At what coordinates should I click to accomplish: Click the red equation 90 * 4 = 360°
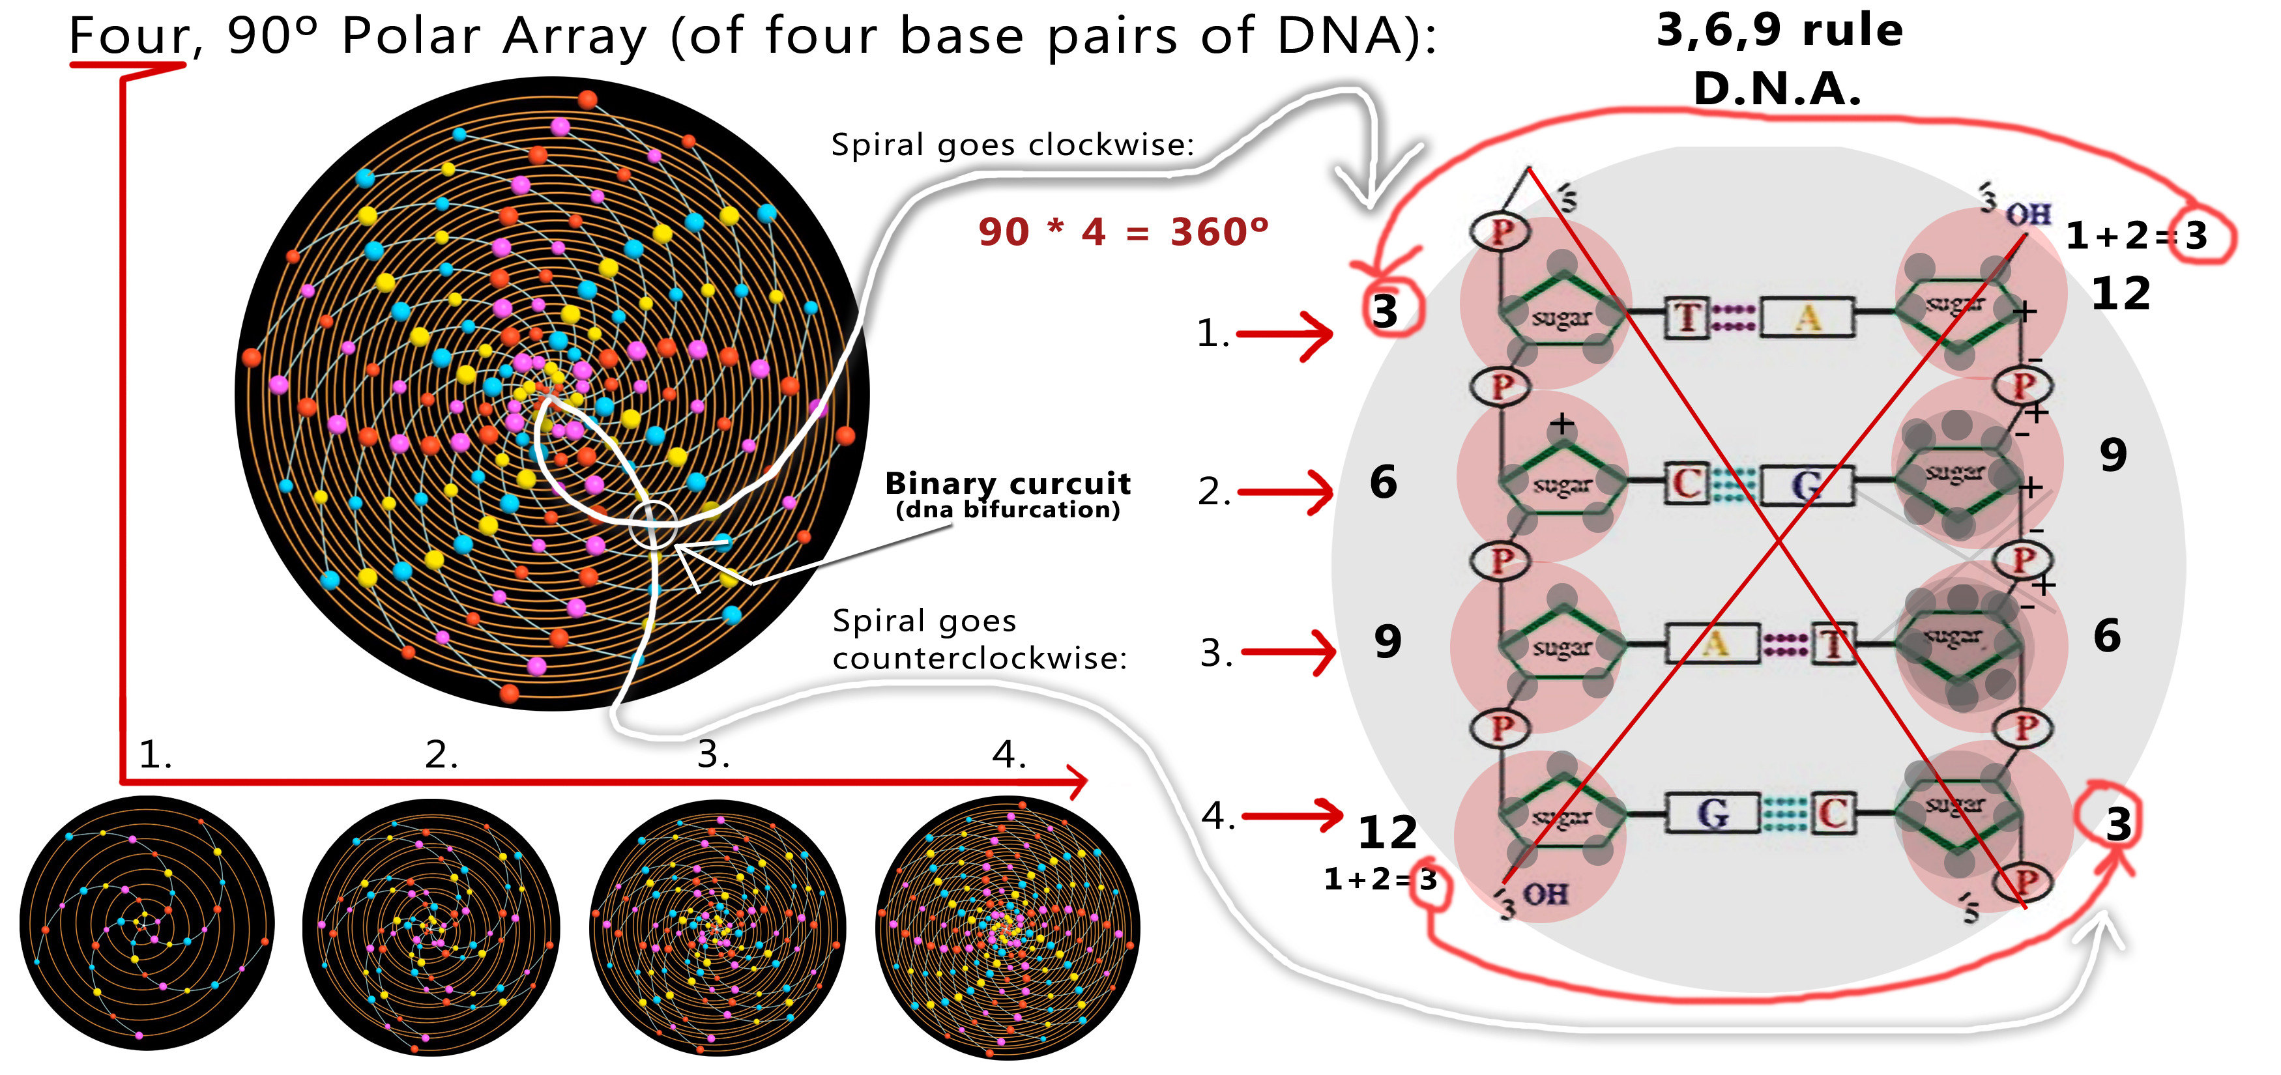[1123, 232]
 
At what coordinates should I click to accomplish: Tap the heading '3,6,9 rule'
[1779, 31]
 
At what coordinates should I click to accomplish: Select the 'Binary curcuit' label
[1008, 483]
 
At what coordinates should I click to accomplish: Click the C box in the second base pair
[1688, 484]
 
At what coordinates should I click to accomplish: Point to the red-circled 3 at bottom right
[2118, 824]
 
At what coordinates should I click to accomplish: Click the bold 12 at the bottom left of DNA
[1387, 833]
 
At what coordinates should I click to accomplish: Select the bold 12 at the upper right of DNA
[2121, 293]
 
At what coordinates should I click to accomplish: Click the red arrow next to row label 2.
[1286, 491]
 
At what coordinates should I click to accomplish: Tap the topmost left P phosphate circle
[1501, 232]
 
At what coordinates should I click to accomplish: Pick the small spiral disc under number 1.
[147, 923]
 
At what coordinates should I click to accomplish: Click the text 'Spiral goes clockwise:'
[1012, 145]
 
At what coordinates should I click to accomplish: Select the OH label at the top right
[2027, 214]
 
